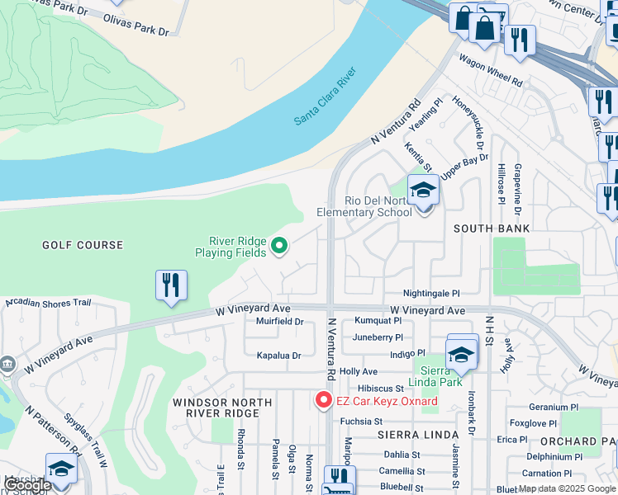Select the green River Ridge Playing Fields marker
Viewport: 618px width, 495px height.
pos(279,246)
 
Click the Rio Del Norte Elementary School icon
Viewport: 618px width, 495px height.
pos(424,192)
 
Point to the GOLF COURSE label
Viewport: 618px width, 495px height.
pos(83,245)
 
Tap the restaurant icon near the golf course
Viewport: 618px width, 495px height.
pos(171,286)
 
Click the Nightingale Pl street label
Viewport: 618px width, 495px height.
pos(430,293)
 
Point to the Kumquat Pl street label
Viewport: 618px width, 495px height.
pos(378,320)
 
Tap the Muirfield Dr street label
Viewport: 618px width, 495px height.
pos(280,321)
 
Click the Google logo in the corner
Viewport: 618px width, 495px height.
pos(28,485)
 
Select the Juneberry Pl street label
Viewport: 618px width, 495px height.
pos(378,337)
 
